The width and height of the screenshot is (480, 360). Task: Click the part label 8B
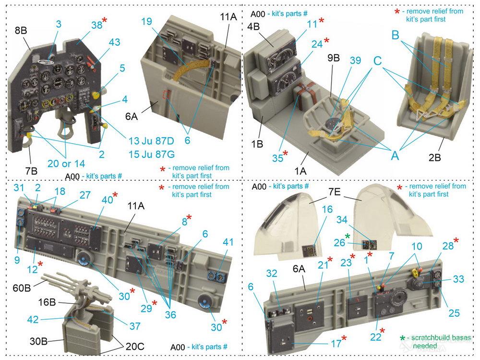(21, 31)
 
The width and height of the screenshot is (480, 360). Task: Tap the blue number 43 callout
(114, 42)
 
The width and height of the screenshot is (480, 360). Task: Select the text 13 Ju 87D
(151, 141)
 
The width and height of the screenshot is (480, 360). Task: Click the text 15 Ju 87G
(152, 154)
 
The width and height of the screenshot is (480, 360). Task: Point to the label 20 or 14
(66, 164)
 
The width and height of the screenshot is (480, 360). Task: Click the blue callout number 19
(146, 22)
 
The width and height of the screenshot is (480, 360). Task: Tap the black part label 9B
(334, 58)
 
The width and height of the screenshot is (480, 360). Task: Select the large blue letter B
(395, 35)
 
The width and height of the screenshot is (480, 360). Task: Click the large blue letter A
(395, 156)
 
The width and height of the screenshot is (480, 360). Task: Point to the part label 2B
(434, 157)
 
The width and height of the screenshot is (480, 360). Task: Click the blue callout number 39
(355, 60)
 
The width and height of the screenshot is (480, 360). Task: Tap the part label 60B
(22, 288)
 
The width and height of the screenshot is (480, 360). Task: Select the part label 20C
(135, 346)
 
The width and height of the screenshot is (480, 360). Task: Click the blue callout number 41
(228, 242)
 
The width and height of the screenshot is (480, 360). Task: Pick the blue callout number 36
(170, 314)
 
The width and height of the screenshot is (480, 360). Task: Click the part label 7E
(335, 192)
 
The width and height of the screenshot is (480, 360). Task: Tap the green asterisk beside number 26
(347, 236)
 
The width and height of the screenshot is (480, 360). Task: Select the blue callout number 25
(454, 313)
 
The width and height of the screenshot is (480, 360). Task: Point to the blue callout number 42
(33, 319)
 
